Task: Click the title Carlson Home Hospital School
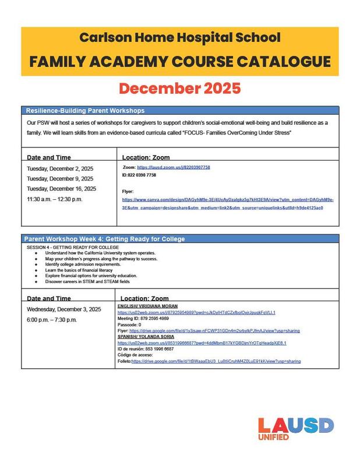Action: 180,38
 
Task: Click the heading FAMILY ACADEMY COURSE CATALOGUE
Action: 180,61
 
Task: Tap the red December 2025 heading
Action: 180,89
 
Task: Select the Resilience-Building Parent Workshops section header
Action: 86,110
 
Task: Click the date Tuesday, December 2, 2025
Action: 60,168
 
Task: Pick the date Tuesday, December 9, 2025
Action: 60,179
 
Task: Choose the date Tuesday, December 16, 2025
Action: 62,189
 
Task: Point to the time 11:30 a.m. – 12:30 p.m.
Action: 55,199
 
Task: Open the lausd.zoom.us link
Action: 174,167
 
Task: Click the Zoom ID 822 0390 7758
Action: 139,175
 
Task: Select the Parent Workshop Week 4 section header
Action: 104,239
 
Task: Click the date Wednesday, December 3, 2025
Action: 64,309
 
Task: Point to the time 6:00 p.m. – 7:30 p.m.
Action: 52,320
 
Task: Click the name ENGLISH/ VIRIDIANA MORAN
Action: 147,306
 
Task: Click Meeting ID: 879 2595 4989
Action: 143,319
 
